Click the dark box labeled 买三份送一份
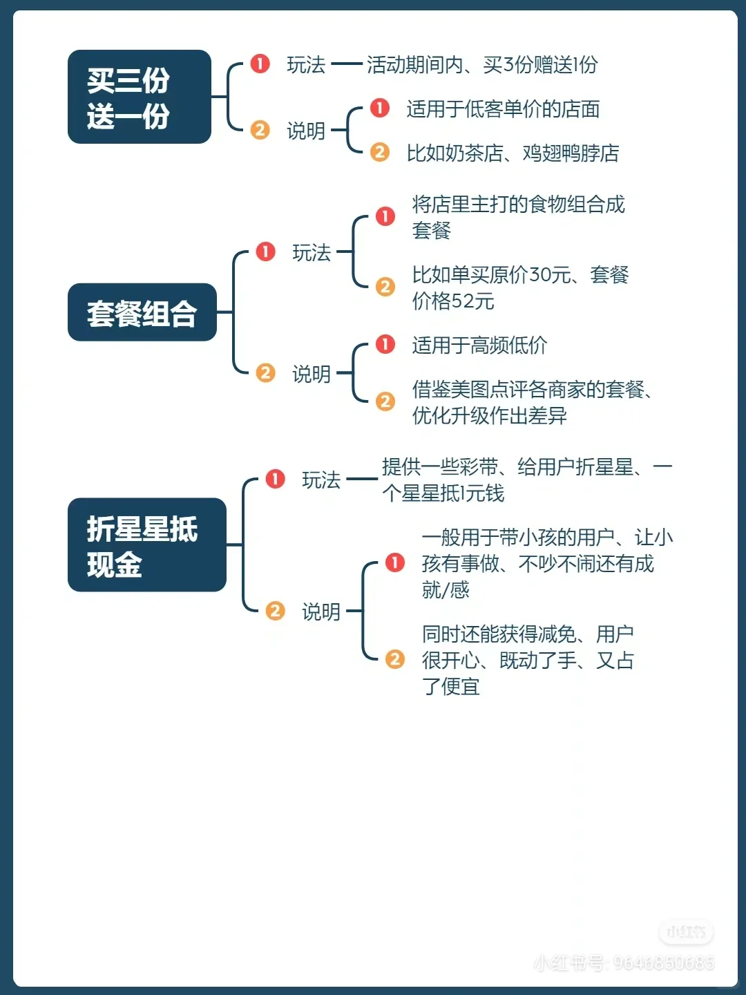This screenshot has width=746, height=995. tap(139, 97)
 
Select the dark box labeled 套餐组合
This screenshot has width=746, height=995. tap(142, 312)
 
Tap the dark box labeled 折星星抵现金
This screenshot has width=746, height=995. tap(146, 545)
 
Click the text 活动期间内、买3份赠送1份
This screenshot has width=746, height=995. tap(482, 65)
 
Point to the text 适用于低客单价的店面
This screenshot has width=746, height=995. tap(503, 109)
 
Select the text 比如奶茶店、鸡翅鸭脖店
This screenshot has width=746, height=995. tap(513, 153)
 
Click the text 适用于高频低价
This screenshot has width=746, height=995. tap(479, 345)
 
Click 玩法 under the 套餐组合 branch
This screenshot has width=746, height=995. tap(312, 253)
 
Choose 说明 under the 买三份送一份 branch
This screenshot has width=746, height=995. tap(306, 131)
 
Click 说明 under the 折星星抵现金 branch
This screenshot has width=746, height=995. tap(321, 612)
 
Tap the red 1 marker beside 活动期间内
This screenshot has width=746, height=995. tap(260, 64)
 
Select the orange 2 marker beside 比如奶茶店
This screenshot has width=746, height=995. tap(380, 151)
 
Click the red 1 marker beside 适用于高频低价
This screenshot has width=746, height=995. tap(385, 343)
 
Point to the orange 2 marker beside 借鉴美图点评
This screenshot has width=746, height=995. tap(385, 401)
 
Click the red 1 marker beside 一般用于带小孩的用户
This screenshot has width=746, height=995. tap(395, 562)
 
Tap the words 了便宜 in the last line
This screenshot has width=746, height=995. tap(451, 687)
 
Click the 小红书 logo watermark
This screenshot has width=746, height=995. tap(686, 932)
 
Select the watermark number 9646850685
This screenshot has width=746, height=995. tap(664, 963)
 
